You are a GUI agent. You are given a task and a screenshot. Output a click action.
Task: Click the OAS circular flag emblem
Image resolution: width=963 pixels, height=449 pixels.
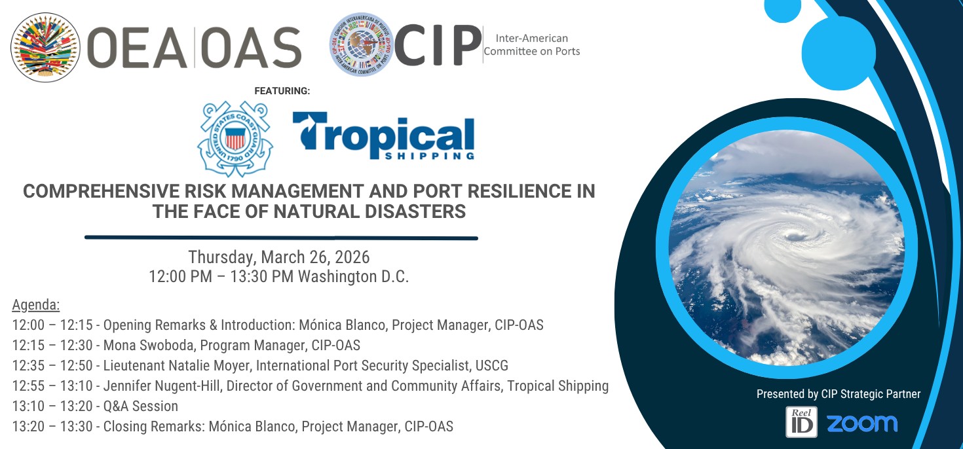click(45, 47)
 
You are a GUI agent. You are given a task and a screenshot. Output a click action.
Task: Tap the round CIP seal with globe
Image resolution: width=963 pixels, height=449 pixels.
click(362, 45)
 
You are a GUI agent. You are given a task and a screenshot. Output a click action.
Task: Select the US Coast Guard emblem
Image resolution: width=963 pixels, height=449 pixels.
click(235, 139)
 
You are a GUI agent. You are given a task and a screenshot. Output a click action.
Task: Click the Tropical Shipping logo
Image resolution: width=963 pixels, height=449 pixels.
click(383, 135)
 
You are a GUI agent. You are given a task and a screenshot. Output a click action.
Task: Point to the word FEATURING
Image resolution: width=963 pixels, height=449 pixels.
click(282, 91)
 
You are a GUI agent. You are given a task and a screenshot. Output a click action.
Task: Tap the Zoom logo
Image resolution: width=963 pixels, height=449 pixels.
click(862, 423)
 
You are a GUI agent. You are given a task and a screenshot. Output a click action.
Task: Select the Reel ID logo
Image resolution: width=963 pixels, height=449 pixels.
click(801, 422)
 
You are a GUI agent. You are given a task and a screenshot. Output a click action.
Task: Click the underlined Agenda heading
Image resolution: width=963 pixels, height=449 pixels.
click(35, 304)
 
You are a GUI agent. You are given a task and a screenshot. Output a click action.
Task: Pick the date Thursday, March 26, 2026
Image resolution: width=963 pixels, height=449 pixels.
click(279, 257)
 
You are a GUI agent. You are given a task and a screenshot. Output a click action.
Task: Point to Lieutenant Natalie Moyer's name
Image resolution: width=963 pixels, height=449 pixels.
click(176, 365)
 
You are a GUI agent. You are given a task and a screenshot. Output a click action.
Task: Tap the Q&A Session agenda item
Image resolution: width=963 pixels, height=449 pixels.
click(141, 406)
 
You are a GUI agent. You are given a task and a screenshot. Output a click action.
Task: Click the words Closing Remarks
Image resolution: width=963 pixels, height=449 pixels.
click(153, 426)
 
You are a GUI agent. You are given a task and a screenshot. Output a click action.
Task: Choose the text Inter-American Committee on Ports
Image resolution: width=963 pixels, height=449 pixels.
click(532, 45)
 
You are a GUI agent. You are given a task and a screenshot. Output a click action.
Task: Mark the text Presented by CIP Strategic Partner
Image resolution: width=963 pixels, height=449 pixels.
click(839, 394)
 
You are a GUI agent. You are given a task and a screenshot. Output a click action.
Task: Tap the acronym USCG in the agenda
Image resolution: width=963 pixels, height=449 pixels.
click(492, 365)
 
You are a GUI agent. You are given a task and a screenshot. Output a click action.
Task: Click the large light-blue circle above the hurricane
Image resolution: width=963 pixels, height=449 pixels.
click(839, 52)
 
